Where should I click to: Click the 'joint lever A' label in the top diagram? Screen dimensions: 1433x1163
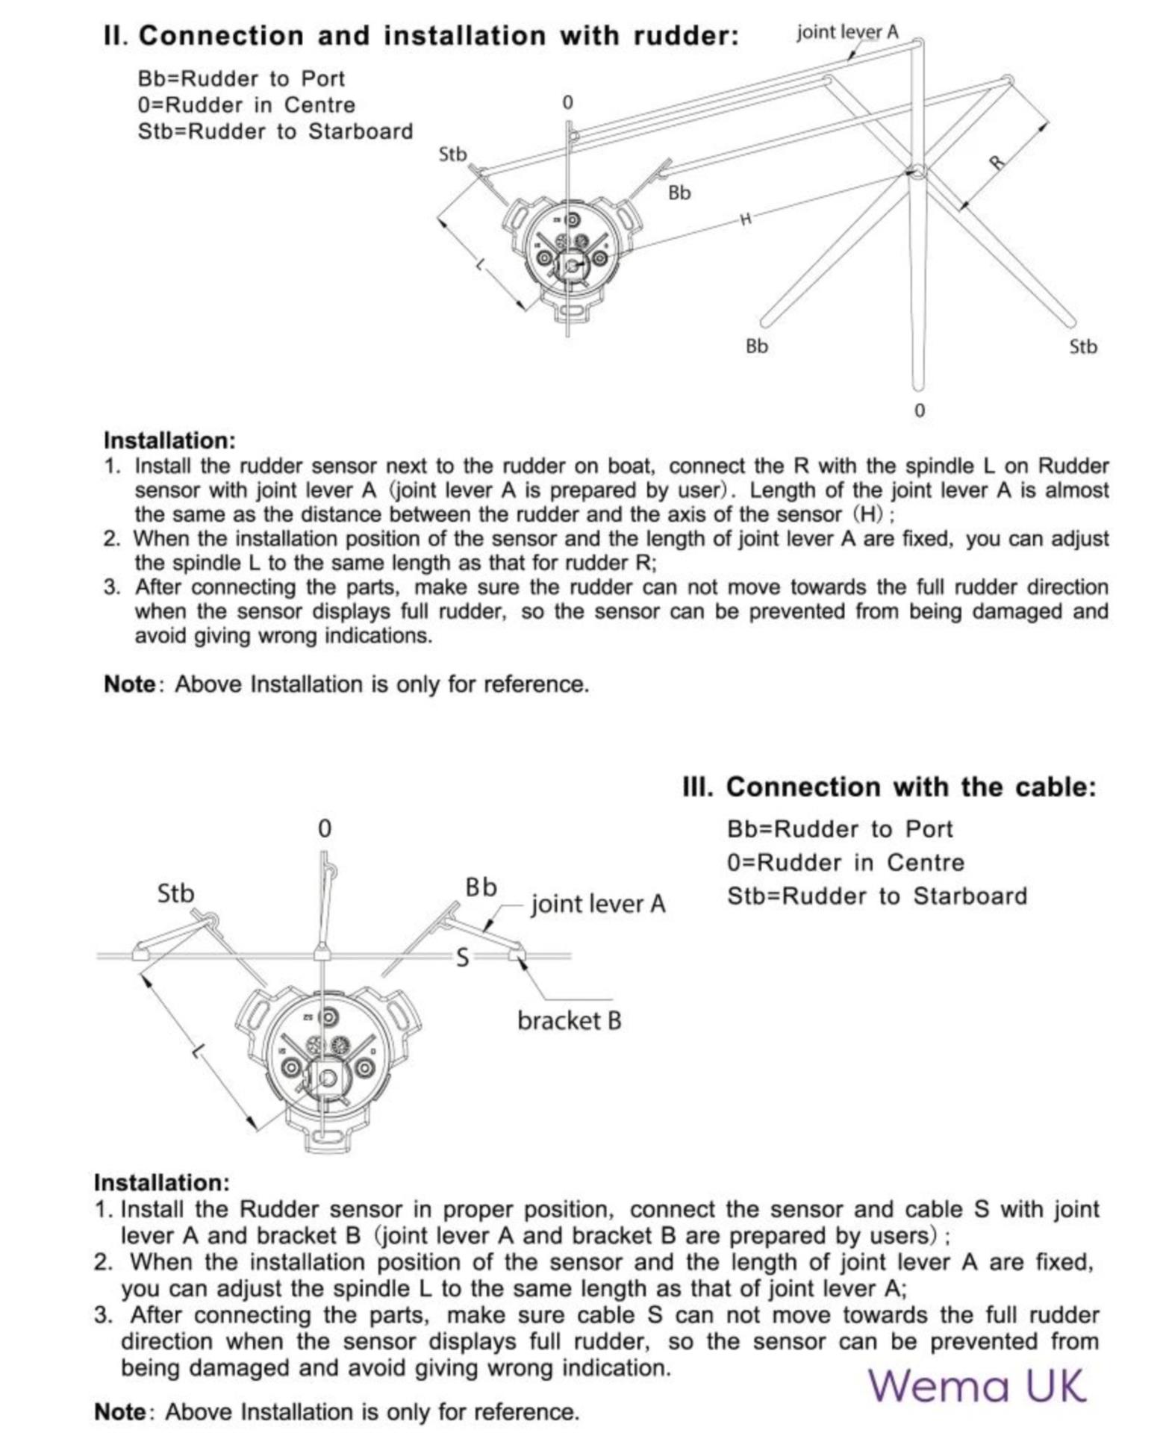point(847,32)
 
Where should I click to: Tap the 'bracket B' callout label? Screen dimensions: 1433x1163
point(569,1020)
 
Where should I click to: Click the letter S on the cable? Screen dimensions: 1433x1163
point(462,958)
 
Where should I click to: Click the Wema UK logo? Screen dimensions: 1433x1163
point(976,1385)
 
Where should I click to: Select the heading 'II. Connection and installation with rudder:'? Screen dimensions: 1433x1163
point(421,35)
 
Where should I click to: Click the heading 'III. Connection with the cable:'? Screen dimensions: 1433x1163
point(889,787)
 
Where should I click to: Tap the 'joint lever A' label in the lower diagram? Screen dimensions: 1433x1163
point(598,904)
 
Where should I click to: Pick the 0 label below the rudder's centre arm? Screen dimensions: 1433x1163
point(919,410)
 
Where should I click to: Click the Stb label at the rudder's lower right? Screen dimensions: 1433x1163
point(1083,346)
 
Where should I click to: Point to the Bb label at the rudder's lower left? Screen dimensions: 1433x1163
point(757,346)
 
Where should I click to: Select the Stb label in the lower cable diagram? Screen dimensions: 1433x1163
point(175,893)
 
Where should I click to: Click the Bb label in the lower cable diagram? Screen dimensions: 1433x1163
point(481,887)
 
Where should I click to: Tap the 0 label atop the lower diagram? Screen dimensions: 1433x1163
point(324,828)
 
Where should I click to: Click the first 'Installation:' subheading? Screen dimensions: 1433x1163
point(169,440)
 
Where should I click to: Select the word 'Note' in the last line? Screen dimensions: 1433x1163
point(119,1412)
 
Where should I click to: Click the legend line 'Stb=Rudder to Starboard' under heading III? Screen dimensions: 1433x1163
point(877,896)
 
